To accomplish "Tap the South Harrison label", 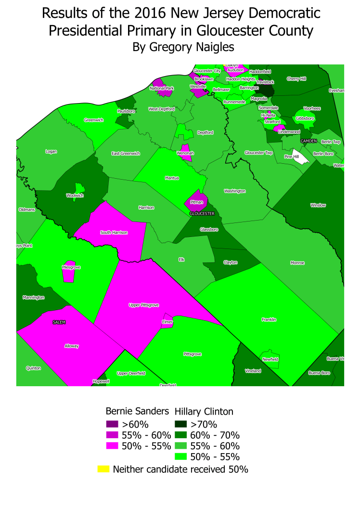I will point(114,233).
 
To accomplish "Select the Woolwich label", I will point(74,196).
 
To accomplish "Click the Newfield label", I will point(270,359).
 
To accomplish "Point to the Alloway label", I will point(71,346).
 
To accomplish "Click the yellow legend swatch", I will point(103,469).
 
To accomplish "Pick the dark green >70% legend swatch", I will point(181,424).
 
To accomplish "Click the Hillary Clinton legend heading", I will point(204,411).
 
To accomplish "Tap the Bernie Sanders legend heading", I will point(137,411).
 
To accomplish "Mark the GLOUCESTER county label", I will point(201,213).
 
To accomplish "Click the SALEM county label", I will point(59,322).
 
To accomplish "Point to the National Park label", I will point(162,88).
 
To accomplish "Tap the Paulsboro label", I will point(126,111).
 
